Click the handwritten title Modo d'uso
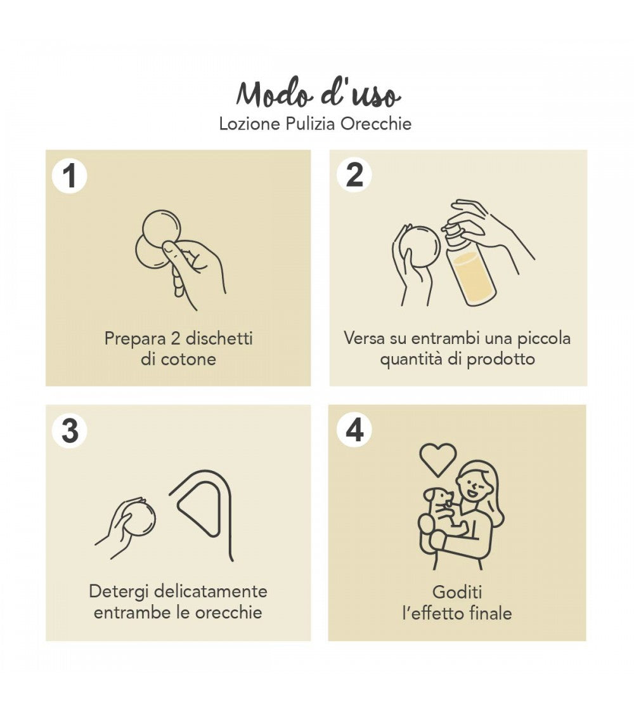click(318, 95)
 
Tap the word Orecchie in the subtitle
click(376, 123)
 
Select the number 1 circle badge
click(69, 176)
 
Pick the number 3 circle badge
click(70, 431)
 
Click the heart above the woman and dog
click(437, 458)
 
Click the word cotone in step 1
click(187, 359)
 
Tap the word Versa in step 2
click(364, 338)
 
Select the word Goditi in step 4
click(457, 592)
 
